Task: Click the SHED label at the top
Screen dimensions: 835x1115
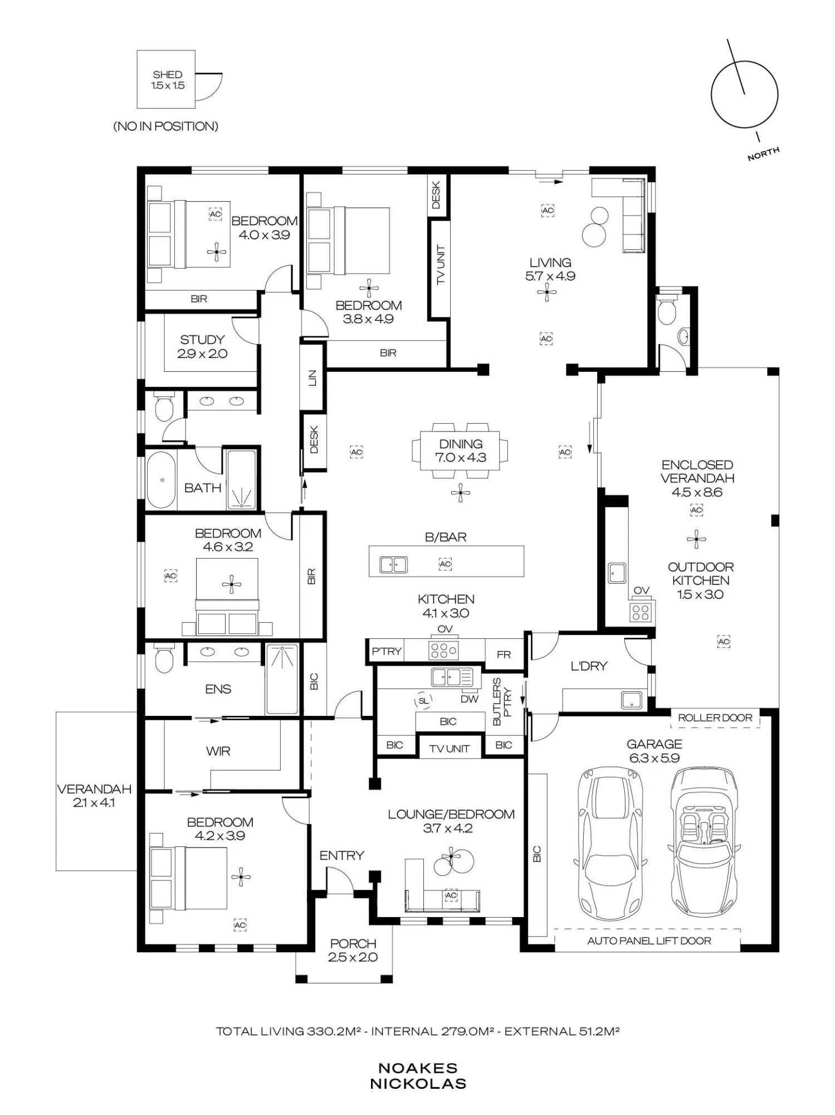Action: [167, 74]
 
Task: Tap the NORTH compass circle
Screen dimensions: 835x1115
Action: [711, 95]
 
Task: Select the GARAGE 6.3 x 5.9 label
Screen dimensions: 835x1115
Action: [654, 750]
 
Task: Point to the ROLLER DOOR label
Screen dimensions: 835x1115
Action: [715, 718]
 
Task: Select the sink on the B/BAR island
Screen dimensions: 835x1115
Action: [393, 564]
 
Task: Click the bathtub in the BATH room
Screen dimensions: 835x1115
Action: [162, 479]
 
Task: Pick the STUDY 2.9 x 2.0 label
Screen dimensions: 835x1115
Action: [202, 346]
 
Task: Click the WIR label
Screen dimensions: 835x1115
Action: [218, 751]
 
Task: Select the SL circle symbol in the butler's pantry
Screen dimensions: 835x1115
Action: [423, 700]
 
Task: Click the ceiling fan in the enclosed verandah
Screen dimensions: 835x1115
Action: [696, 539]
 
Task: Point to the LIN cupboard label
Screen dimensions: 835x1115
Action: [312, 377]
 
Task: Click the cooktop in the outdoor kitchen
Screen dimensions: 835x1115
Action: [641, 612]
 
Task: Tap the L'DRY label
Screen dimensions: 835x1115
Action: [589, 666]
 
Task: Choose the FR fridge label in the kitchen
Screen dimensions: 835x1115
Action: [504, 655]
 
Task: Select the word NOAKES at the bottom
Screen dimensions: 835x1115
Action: [418, 1068]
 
